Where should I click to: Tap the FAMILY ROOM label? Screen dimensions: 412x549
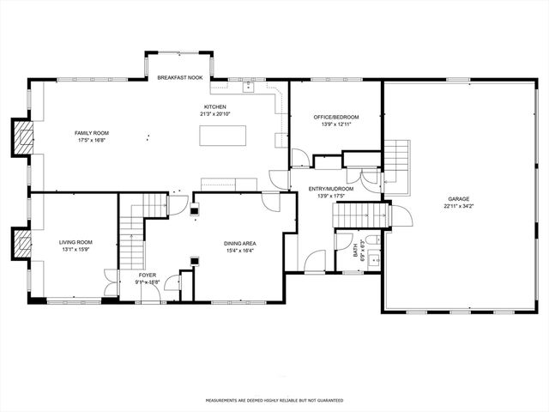pyautogui.click(x=92, y=133)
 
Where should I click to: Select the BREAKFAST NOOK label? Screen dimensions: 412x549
pyautogui.click(x=178, y=78)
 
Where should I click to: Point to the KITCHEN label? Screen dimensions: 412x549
pyautogui.click(x=214, y=106)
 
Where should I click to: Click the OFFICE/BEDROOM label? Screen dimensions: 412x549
pyautogui.click(x=335, y=117)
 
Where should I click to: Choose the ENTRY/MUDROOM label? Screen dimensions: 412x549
pyautogui.click(x=330, y=189)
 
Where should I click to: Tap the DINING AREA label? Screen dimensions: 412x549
pyautogui.click(x=240, y=244)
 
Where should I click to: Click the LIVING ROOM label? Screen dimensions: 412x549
pyautogui.click(x=75, y=242)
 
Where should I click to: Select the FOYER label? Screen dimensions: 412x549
pyautogui.click(x=148, y=275)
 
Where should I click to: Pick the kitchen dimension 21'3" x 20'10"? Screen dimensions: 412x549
pyautogui.click(x=214, y=113)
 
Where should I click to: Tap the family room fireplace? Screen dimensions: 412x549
pyautogui.click(x=21, y=136)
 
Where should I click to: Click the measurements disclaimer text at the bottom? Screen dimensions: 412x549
pyautogui.click(x=274, y=400)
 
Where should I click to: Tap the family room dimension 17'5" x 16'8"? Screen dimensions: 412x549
pyautogui.click(x=92, y=140)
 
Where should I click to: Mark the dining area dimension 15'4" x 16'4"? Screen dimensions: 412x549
pyautogui.click(x=240, y=251)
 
